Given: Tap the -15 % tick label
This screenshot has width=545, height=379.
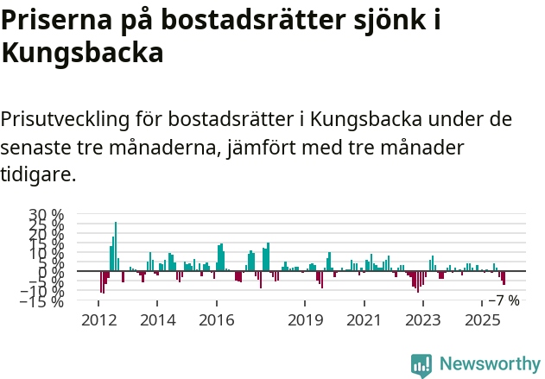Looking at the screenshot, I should [x=45, y=301].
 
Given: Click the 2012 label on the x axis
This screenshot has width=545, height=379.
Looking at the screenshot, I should [x=98, y=320].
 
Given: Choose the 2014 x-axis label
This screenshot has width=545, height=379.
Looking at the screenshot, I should [x=157, y=320].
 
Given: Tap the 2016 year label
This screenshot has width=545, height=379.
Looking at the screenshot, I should [x=216, y=320].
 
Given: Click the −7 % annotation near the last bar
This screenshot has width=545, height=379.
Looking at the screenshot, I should [x=504, y=300].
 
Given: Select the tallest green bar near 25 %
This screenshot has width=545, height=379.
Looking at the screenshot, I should [x=116, y=246].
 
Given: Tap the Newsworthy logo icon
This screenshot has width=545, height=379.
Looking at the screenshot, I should [x=421, y=364].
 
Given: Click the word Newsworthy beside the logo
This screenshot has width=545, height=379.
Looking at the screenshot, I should [x=490, y=364].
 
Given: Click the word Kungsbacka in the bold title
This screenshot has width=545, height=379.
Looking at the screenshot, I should [x=82, y=54].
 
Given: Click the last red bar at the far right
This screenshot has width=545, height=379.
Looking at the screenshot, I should [x=504, y=278].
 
